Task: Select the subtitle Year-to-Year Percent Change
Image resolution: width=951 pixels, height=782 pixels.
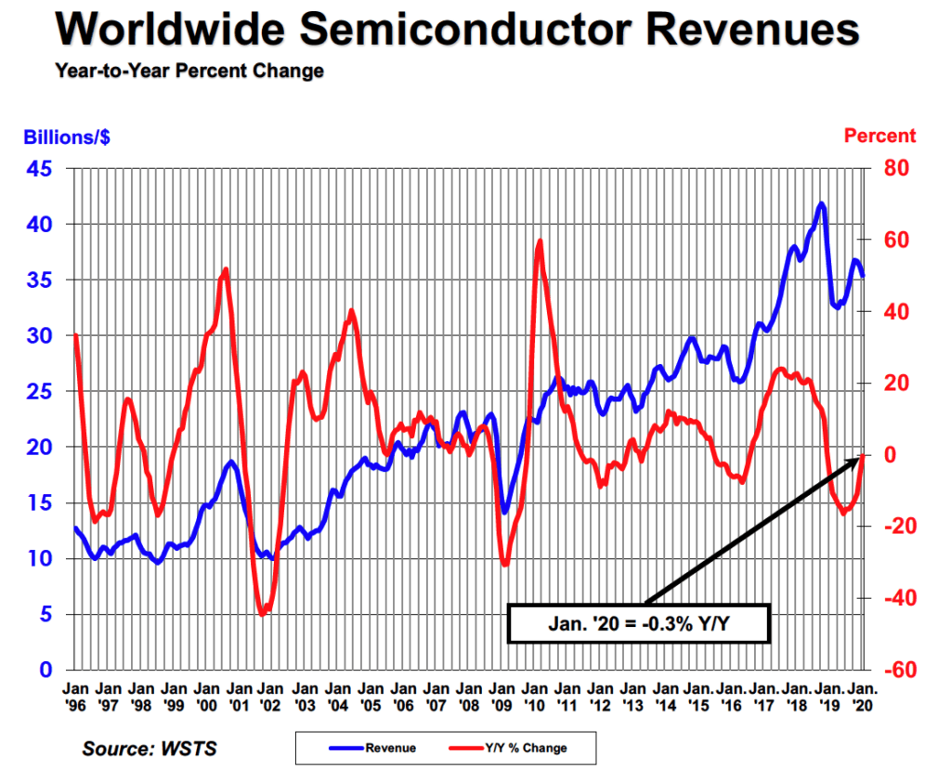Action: (x=189, y=71)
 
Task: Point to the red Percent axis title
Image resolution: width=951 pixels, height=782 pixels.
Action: (x=879, y=136)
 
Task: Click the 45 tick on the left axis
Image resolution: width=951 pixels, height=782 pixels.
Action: (x=43, y=169)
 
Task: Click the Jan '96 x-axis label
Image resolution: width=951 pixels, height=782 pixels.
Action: (x=75, y=697)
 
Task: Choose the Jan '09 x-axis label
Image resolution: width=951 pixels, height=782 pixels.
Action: (x=502, y=697)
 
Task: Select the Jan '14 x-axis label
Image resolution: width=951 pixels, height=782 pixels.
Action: (x=665, y=697)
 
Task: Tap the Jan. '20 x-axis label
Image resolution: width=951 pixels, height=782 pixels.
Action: (x=863, y=697)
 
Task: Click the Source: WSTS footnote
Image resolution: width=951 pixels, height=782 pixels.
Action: (x=149, y=748)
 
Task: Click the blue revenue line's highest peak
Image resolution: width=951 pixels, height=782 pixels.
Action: (x=821, y=203)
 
